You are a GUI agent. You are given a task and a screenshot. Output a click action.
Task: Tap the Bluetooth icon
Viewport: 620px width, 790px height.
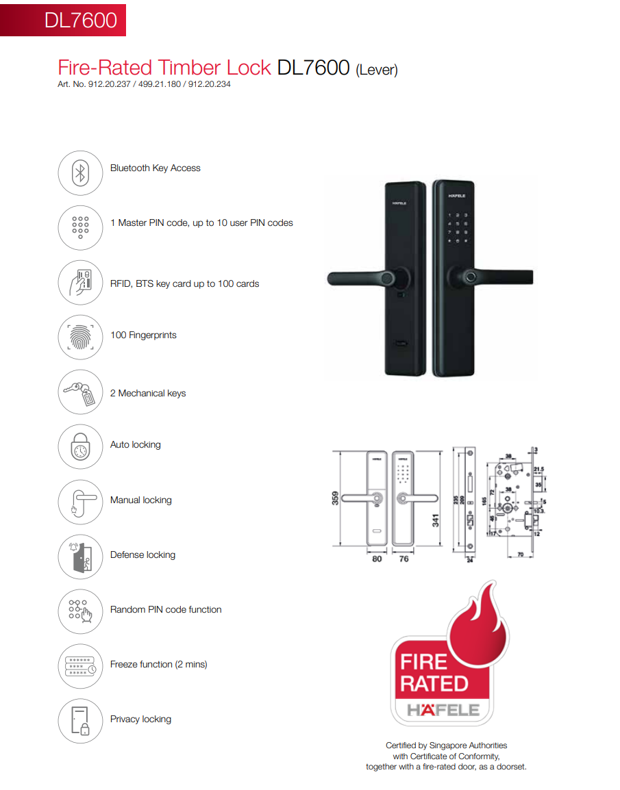pyautogui.click(x=80, y=173)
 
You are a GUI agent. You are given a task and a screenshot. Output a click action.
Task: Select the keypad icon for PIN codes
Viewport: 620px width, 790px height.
pyautogui.click(x=80, y=228)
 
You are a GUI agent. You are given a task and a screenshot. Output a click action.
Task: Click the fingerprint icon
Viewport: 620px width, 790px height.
pyautogui.click(x=80, y=337)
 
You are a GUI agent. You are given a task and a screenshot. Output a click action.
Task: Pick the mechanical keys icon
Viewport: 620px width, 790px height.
pyautogui.click(x=80, y=392)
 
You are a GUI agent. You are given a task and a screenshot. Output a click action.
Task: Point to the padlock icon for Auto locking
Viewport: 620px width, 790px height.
pyautogui.click(x=80, y=447)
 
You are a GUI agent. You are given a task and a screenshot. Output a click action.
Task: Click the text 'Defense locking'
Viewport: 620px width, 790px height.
pyautogui.click(x=142, y=555)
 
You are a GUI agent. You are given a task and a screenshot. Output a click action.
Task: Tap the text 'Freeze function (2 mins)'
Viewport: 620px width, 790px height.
pyautogui.click(x=158, y=665)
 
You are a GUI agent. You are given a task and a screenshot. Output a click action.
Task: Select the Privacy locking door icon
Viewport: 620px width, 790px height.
pyautogui.click(x=80, y=721)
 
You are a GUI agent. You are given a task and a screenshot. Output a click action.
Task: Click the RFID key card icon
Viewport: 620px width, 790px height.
pyautogui.click(x=80, y=283)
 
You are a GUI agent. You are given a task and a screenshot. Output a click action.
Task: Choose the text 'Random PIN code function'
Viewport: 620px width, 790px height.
pyautogui.click(x=166, y=610)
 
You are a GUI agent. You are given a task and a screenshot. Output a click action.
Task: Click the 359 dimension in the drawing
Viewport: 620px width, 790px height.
pyautogui.click(x=336, y=498)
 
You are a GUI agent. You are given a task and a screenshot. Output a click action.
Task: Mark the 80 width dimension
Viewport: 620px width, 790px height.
pyautogui.click(x=376, y=559)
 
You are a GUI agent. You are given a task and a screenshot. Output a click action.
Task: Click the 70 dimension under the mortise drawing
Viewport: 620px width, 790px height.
pyautogui.click(x=521, y=555)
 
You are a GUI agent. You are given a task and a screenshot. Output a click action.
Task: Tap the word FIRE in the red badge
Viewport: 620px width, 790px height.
pyautogui.click(x=424, y=662)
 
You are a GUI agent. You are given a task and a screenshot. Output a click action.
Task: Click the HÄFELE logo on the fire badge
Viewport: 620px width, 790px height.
pyautogui.click(x=442, y=710)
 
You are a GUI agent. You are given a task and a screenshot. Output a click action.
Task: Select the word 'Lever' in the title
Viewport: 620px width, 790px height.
pyautogui.click(x=376, y=70)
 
